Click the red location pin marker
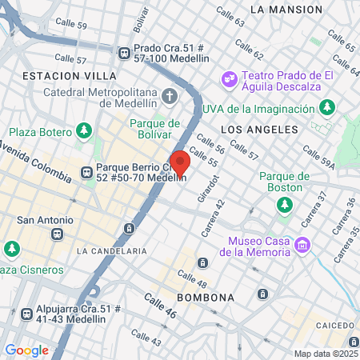click(180, 162)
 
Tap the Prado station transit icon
click(124, 53)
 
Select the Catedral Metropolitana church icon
click(169, 97)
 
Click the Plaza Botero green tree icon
click(85, 130)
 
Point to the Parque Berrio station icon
click(86, 170)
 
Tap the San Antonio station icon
click(56, 234)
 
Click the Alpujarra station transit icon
click(27, 314)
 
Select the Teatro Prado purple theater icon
click(229, 78)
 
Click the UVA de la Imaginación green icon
click(326, 108)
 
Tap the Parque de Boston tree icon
click(285, 206)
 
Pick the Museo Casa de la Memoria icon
click(302, 245)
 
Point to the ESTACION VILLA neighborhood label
click(70, 75)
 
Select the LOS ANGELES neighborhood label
click(252, 129)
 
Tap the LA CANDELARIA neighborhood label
click(112, 250)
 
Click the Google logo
click(26, 350)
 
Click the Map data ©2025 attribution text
click(323, 354)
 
